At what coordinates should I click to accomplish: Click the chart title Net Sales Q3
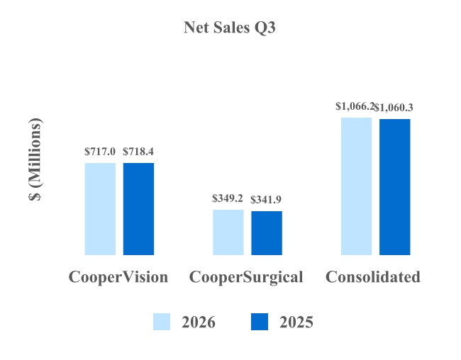230,28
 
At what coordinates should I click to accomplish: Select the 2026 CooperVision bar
100,209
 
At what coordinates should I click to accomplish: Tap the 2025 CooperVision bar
138,209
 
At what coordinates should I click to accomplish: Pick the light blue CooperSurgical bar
228,232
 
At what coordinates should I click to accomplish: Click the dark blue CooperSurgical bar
267,233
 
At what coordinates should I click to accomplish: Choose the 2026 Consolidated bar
356,186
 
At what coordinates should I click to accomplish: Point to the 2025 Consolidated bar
395,187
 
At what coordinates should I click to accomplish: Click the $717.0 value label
100,152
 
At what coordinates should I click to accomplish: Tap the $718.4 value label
138,152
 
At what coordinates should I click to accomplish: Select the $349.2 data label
228,198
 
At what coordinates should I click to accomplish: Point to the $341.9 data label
266,200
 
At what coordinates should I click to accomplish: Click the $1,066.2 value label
355,106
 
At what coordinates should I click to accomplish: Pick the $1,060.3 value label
394,108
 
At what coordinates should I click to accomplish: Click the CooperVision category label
118,277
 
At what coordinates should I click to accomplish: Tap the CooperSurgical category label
246,278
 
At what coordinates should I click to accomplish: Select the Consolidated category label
373,277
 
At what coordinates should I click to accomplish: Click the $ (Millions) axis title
35,159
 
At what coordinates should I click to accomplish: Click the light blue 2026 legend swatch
162,322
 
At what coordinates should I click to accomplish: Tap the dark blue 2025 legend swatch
260,322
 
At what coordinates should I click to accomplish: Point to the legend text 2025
296,322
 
